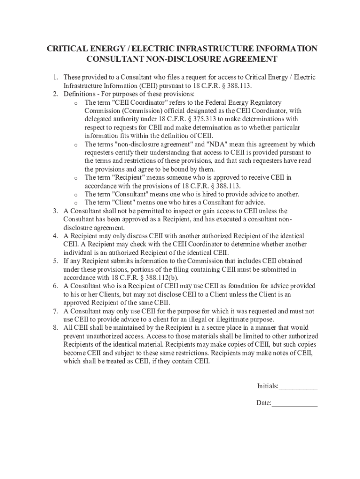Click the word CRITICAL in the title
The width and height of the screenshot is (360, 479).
pos(64,49)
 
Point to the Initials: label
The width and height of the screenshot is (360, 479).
pos(267,386)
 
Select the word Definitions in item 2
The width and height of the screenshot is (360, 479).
pos(79,94)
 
